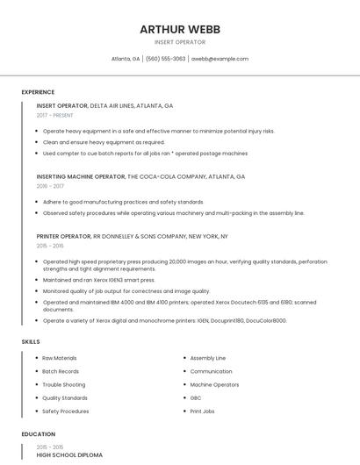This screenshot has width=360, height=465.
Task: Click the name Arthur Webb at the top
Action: [180, 29]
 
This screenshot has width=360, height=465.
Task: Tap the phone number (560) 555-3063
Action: [166, 59]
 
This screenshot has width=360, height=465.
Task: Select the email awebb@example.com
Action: [220, 59]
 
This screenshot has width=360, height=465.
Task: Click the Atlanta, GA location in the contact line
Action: [126, 59]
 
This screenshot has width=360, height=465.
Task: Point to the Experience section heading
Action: [38, 92]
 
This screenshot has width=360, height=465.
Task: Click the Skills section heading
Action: [30, 341]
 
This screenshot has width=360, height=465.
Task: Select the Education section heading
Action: [38, 434]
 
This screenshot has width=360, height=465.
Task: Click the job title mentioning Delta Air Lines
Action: [104, 106]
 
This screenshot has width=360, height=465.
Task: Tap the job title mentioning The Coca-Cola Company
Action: [140, 176]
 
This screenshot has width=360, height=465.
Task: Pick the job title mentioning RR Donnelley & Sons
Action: [132, 236]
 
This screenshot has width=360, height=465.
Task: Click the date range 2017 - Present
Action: [55, 115]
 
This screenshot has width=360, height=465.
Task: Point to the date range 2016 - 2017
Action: [50, 186]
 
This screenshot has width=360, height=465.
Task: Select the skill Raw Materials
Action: [60, 358]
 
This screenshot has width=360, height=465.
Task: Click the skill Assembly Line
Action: [208, 358]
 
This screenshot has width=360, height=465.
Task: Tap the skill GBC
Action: [197, 397]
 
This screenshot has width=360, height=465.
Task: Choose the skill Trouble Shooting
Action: [64, 384]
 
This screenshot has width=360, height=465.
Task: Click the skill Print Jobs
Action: [203, 411]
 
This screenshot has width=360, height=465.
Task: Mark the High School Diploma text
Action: [69, 455]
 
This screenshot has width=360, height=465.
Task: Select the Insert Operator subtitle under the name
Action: [180, 42]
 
